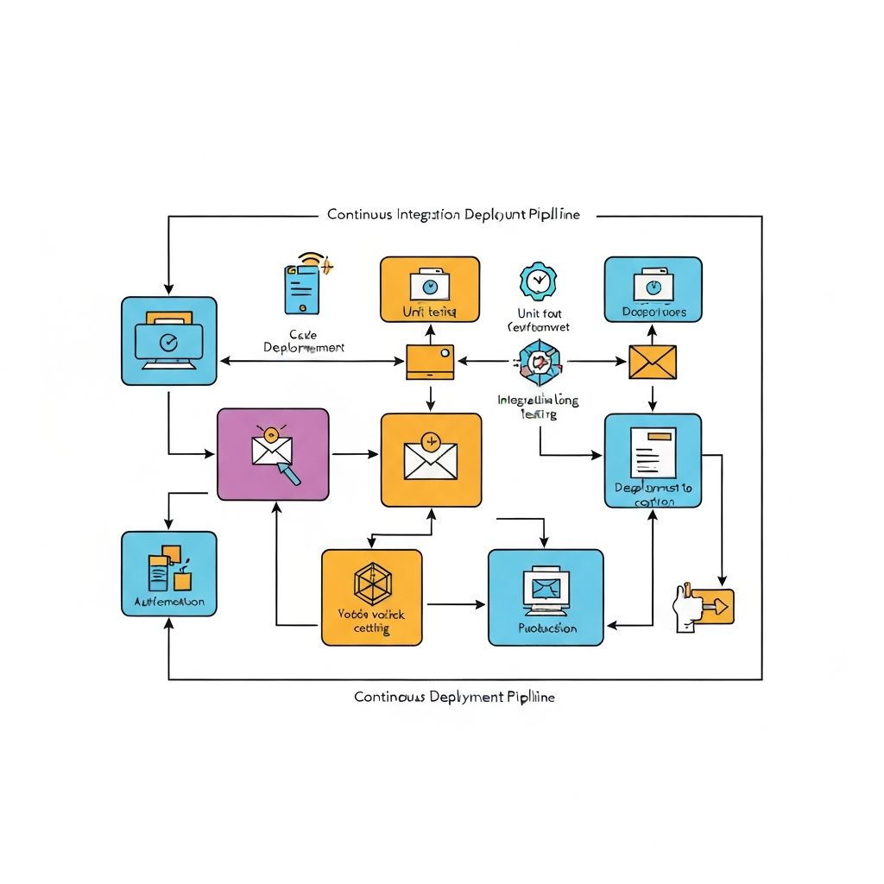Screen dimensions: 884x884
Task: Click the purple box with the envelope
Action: (273, 454)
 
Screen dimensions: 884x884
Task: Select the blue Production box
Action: (546, 597)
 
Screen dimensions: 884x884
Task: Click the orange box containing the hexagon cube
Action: (372, 597)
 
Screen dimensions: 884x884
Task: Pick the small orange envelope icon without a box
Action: (653, 362)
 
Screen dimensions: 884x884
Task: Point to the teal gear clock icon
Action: (538, 281)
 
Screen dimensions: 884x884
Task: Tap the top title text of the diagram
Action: (453, 214)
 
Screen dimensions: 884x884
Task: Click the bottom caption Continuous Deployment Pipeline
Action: (454, 696)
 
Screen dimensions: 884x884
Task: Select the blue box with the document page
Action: (653, 460)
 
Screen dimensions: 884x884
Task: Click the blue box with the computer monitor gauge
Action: (169, 340)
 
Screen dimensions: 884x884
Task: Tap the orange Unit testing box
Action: (430, 289)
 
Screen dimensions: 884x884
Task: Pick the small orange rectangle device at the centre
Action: (430, 362)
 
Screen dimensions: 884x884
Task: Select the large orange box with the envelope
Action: (431, 459)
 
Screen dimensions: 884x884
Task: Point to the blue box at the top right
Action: (653, 289)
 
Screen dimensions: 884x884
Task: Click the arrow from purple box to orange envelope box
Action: (354, 452)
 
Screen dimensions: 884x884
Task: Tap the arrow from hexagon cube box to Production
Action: (455, 604)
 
